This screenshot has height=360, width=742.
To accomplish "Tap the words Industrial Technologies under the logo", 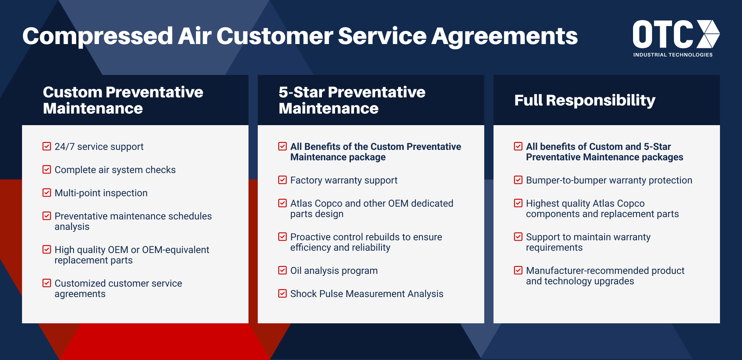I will point(672,55).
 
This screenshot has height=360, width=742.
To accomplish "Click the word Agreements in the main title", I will point(504,36).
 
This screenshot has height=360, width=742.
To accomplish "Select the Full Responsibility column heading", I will point(584,100).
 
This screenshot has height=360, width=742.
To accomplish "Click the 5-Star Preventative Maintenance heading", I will point(352,100).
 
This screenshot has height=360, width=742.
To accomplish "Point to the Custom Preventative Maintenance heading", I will point(123,100).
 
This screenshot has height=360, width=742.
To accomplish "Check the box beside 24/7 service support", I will point(47,146).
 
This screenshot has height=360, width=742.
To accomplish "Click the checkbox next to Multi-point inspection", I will point(47,193).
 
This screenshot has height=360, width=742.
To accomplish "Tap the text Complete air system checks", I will point(115,170).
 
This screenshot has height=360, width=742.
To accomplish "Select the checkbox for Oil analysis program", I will point(283,270).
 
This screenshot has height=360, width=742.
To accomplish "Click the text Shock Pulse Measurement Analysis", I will point(366,294).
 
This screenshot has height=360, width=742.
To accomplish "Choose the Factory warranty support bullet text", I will point(344,180).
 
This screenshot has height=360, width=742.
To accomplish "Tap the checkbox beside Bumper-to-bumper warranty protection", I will point(518,180).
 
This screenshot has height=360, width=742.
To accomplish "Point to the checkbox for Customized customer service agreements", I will point(47,283).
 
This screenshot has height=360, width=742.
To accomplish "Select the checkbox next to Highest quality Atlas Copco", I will point(518,203).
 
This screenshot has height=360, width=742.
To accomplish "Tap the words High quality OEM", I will point(91,250).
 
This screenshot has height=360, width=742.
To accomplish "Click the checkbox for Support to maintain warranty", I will point(518,237).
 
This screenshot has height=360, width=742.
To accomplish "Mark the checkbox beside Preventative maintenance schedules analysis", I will point(47,216).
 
